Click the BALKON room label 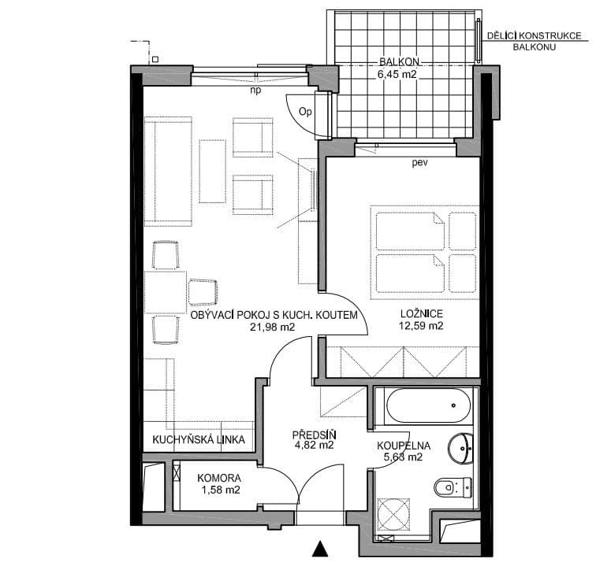point(398,61)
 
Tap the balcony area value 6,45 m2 point(398,76)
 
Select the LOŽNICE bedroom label point(419,313)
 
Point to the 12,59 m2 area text point(419,326)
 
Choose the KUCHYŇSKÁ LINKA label point(198,439)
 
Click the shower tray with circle point(396,515)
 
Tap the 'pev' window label point(419,164)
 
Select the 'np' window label point(255,90)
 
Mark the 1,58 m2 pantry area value point(219,490)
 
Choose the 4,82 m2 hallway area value point(314,445)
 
